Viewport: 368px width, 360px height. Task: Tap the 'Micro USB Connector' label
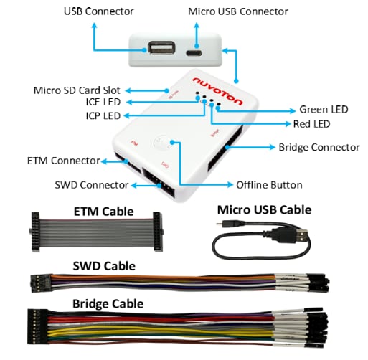(237, 11)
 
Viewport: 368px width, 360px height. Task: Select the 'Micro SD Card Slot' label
(77, 90)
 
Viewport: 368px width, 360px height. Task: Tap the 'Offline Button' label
(269, 184)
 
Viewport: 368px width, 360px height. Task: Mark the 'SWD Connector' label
(91, 185)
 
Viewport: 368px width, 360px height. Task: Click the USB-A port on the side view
(159, 50)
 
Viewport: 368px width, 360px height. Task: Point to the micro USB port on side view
(194, 52)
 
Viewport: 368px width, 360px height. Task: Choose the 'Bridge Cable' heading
(108, 303)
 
